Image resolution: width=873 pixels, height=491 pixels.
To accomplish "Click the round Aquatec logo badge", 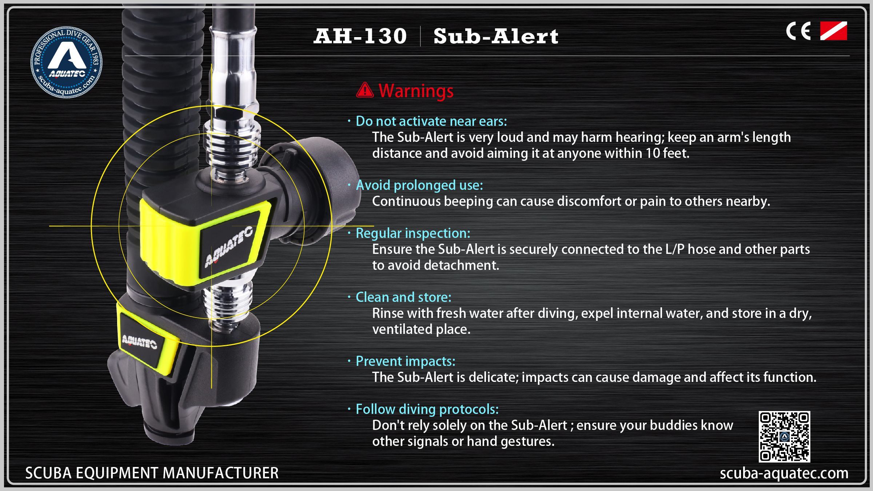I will pos(66,62).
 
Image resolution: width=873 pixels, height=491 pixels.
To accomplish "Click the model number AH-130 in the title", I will pos(360,36).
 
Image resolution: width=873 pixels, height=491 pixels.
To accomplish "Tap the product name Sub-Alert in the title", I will pos(496,36).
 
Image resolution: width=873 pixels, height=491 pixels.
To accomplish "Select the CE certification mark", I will pos(798,31).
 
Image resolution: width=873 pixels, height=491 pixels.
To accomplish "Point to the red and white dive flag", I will pos(834,31).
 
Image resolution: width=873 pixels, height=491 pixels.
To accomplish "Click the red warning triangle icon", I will pos(365,90).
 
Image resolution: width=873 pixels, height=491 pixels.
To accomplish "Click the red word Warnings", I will pos(416,91).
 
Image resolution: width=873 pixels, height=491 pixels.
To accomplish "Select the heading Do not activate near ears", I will pos(431,121).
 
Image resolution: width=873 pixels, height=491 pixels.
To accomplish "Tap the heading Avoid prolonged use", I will pos(419,185).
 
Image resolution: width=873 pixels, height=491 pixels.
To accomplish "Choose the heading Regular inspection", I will pos(413,233).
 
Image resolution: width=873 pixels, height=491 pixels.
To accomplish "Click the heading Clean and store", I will pos(403,297).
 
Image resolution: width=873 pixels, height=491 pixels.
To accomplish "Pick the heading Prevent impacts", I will pos(405,361).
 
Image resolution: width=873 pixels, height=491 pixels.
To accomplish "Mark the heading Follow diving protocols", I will pos(427,409).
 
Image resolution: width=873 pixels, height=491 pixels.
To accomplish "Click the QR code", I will pos(784,436).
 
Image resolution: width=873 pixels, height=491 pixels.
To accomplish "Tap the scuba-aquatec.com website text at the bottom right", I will pos(784,473).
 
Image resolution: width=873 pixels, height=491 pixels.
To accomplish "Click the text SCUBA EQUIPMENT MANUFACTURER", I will pos(152,473).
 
